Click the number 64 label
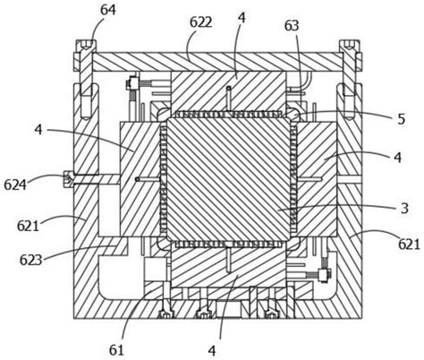[x=107, y=11]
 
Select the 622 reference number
[x=201, y=22]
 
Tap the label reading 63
[x=292, y=26]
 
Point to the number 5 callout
[x=402, y=119]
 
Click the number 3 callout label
[x=404, y=209]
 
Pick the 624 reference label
[x=15, y=185]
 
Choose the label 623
[x=30, y=260]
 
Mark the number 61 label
[x=116, y=351]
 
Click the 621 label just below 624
[x=28, y=226]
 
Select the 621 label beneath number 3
[x=409, y=245]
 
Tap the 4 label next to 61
[x=212, y=351]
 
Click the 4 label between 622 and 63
[x=242, y=18]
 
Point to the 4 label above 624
[x=38, y=130]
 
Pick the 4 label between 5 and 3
[x=398, y=158]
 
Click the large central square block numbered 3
[x=228, y=179]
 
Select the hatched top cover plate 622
[x=217, y=62]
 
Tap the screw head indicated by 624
[x=68, y=179]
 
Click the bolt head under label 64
[x=86, y=46]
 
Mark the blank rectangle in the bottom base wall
[x=228, y=309]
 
